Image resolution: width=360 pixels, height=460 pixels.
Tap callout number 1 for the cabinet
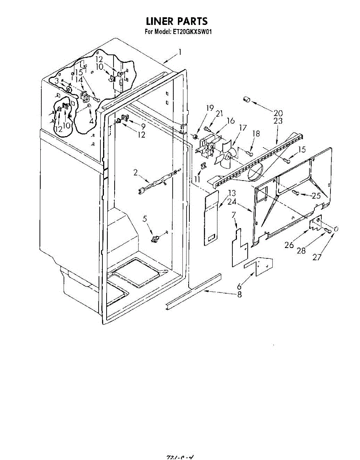point(179,52)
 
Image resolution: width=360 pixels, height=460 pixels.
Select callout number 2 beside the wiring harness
point(135,172)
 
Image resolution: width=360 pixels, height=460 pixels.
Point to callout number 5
point(145,219)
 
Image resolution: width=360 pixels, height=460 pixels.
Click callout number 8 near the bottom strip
point(240,295)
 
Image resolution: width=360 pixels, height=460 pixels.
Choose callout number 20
point(278,113)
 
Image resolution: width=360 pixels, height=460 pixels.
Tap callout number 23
point(278,121)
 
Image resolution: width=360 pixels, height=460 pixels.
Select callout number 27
point(317,258)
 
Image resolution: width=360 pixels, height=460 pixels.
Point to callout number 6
point(239,286)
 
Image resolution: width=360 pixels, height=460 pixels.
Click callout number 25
point(316,196)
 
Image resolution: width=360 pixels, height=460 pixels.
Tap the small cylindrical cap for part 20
point(247,100)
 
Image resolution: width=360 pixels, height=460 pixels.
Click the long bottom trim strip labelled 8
point(194,289)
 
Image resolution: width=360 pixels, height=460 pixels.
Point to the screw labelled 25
point(296,193)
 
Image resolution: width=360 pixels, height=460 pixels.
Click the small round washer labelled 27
point(336,229)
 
